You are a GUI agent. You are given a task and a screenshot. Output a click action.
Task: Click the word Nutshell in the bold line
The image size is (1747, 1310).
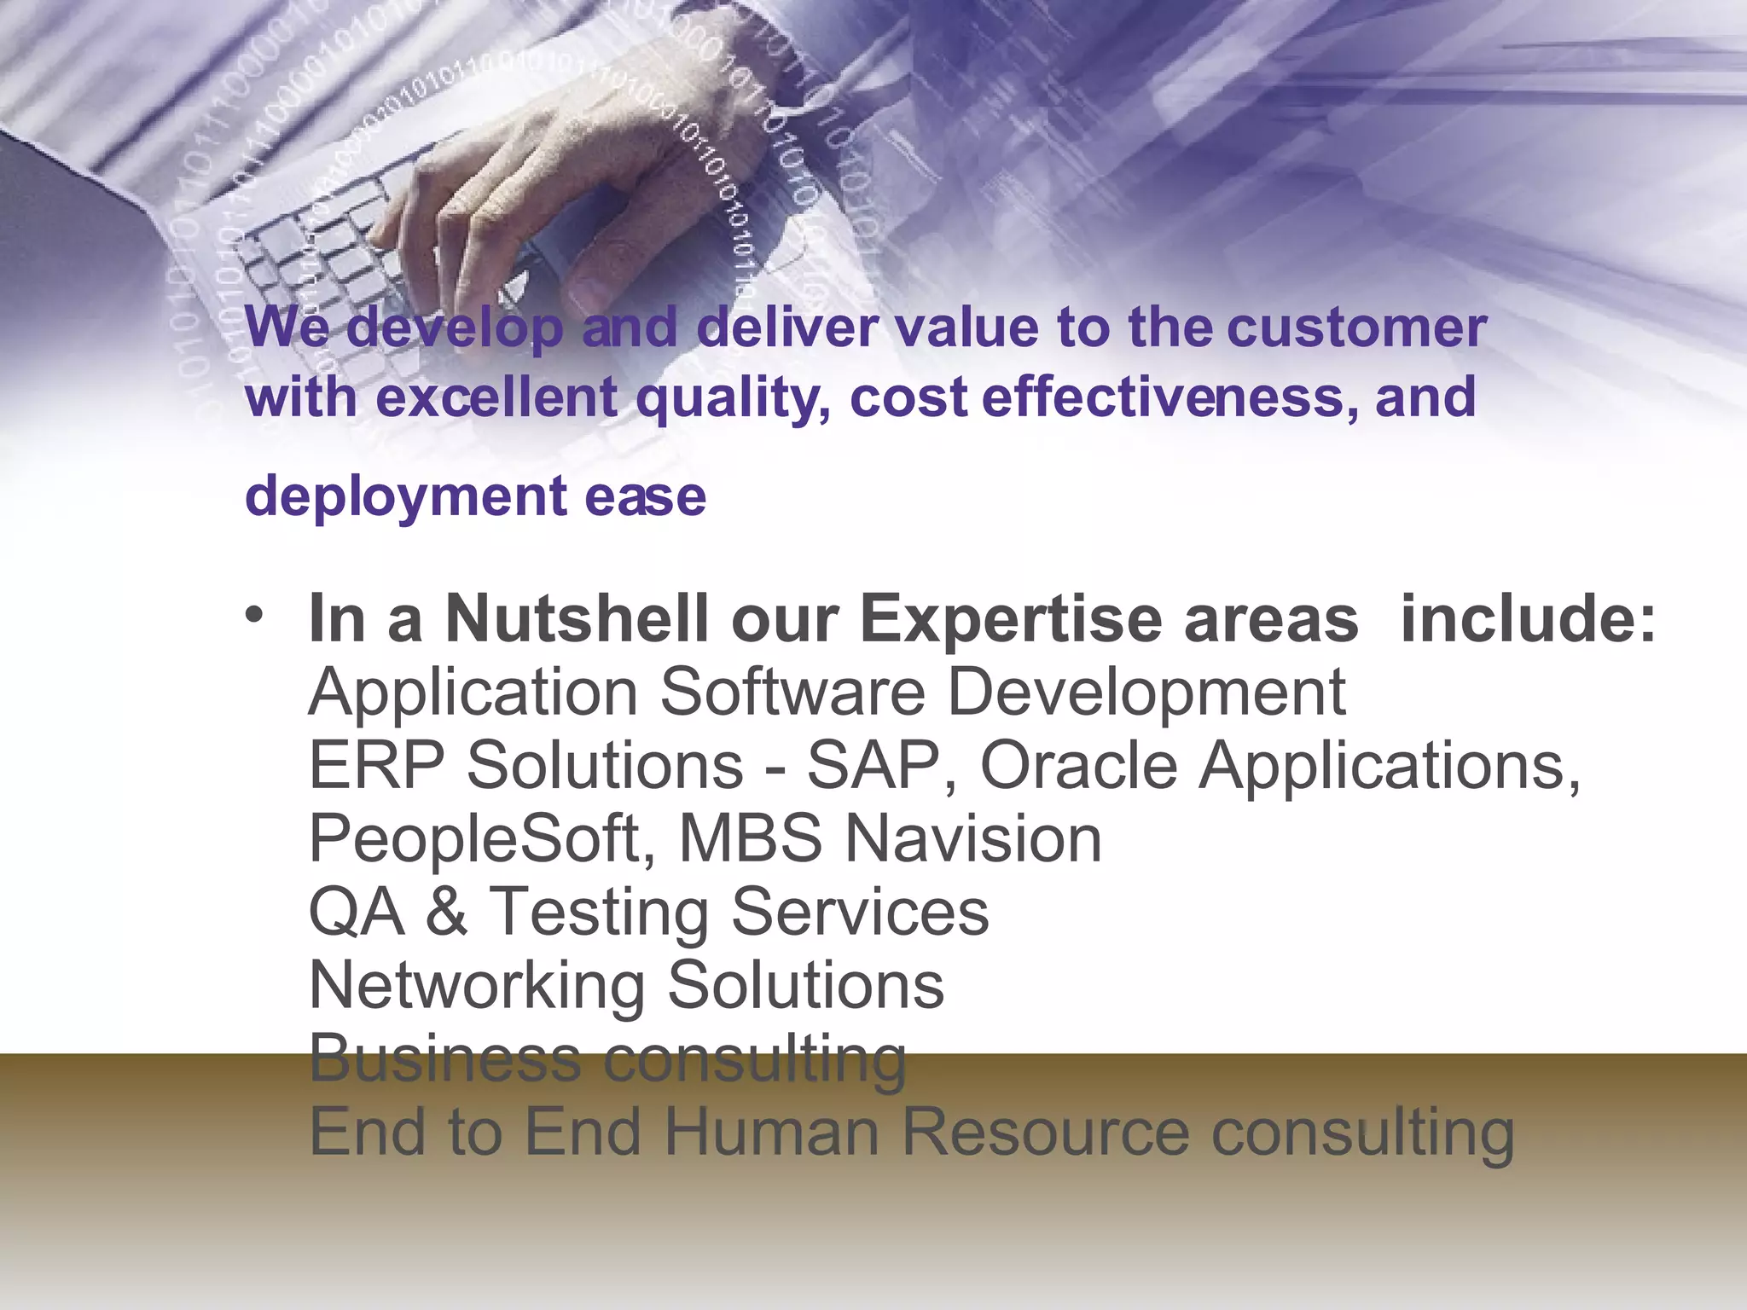[577, 619]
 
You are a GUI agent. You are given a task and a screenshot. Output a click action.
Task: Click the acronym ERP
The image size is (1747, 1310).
[376, 765]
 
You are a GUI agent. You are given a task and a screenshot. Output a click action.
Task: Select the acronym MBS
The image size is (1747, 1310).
[752, 838]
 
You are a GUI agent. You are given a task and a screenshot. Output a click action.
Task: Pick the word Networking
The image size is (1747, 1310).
[477, 985]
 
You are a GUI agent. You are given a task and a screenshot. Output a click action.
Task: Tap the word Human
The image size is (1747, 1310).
[771, 1132]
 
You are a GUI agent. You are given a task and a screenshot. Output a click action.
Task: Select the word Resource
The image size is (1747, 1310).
[1045, 1132]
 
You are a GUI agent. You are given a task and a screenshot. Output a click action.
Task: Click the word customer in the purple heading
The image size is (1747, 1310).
[1356, 327]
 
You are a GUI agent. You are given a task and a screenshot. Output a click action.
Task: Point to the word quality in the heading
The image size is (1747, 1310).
[734, 399]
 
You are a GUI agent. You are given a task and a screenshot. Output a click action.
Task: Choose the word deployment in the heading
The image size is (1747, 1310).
[406, 496]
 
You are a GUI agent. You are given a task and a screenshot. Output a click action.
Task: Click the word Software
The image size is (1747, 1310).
[792, 692]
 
